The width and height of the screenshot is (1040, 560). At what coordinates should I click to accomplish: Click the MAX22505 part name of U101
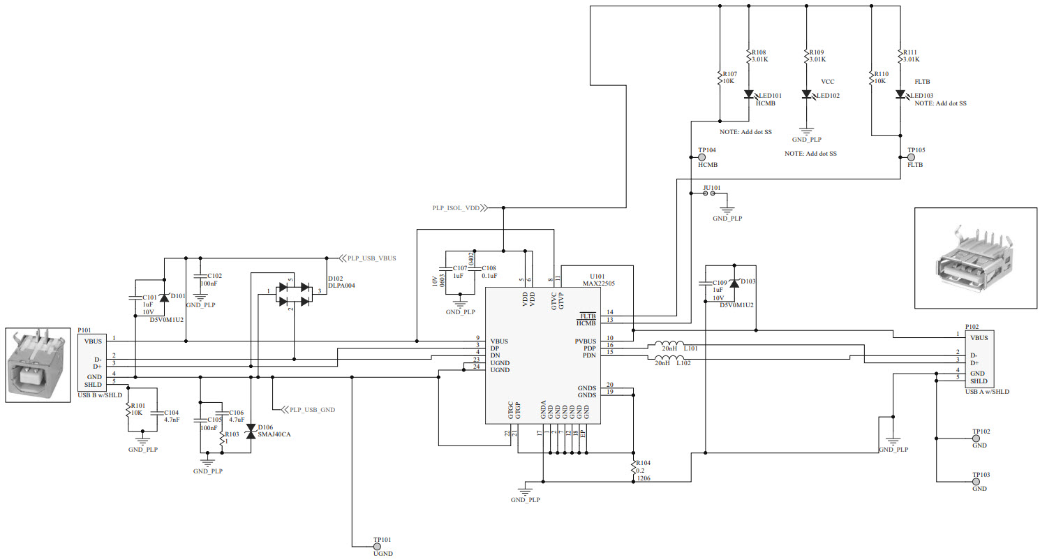pyautogui.click(x=599, y=284)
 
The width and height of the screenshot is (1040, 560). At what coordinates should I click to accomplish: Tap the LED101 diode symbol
pyautogui.click(x=749, y=94)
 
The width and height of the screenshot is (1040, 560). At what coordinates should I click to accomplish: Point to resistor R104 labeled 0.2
pyautogui.click(x=633, y=471)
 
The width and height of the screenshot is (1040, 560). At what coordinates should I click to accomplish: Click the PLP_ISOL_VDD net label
pyautogui.click(x=455, y=207)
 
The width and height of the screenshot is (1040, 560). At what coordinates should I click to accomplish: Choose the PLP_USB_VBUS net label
pyautogui.click(x=371, y=258)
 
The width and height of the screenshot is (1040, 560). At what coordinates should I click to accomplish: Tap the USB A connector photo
pyautogui.click(x=974, y=258)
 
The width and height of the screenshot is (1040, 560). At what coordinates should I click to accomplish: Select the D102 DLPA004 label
pyautogui.click(x=341, y=281)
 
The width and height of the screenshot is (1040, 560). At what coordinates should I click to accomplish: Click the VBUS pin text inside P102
pyautogui.click(x=979, y=338)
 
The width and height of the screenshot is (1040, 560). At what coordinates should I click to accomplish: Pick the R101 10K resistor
pyautogui.click(x=128, y=408)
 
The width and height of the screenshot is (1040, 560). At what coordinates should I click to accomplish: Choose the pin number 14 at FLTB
pyautogui.click(x=610, y=313)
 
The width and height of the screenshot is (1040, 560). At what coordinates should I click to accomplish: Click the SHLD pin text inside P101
pyautogui.click(x=94, y=385)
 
